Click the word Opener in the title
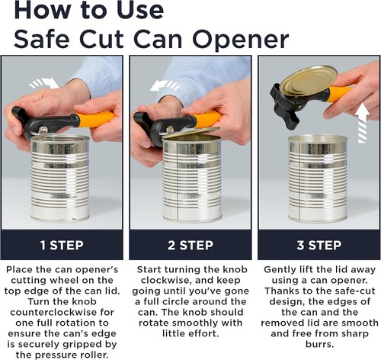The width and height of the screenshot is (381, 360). tap(241, 40)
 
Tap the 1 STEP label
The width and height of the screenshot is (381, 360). tap(62, 245)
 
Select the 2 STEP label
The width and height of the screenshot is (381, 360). tap(190, 245)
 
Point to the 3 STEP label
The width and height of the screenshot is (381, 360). tap(319, 245)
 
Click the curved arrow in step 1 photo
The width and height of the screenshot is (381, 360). tap(45, 83)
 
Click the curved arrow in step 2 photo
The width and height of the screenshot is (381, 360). tap(165, 85)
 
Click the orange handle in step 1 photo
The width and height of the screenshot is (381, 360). tap(95, 119)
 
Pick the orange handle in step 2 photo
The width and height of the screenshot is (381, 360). tap(206, 119)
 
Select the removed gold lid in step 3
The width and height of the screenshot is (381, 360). tap(308, 82)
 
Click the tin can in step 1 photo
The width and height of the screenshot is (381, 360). tap(60, 178)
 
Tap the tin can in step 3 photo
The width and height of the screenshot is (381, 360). tap(318, 178)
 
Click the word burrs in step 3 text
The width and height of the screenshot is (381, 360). tap(319, 344)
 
